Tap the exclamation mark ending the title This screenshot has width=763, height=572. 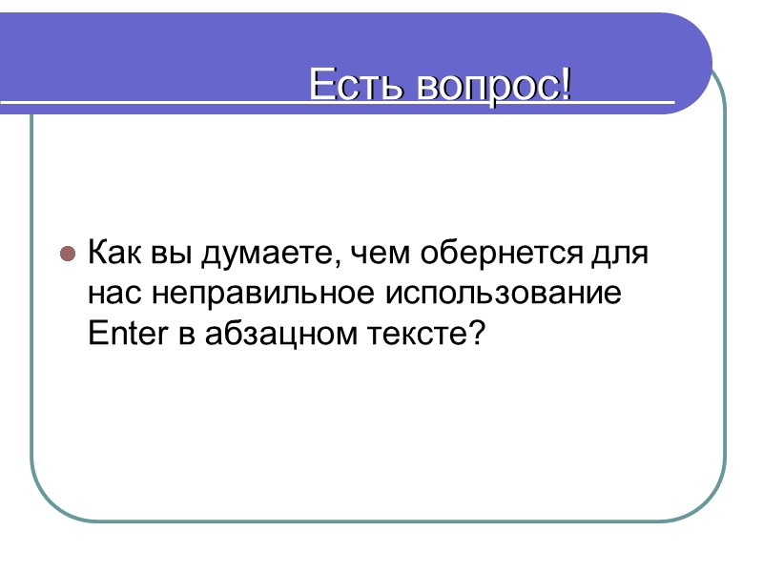(x=567, y=87)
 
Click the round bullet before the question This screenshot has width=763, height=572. (x=68, y=255)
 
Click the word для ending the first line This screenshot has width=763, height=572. (x=619, y=255)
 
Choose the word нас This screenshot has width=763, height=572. (x=113, y=294)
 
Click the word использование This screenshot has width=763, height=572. (x=504, y=294)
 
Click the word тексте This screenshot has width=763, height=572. (x=417, y=334)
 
